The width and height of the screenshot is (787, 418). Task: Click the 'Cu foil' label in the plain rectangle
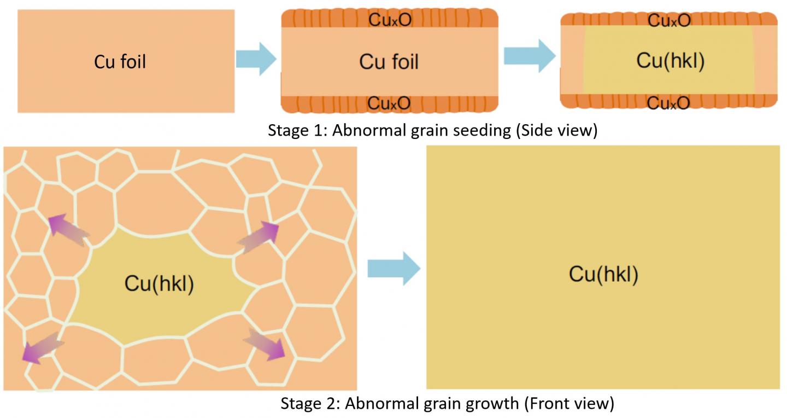pos(120,62)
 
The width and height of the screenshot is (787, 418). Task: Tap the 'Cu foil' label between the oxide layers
pos(389,61)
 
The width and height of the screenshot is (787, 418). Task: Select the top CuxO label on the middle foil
pos(390,21)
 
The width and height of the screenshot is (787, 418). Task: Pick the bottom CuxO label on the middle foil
pos(389,102)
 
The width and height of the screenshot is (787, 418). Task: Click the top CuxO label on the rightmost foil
pos(669,21)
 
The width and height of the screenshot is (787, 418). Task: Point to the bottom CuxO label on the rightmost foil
pos(669,102)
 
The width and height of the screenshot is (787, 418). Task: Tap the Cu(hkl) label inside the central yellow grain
pos(159,283)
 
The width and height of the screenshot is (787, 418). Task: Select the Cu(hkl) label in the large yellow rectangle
pos(603,274)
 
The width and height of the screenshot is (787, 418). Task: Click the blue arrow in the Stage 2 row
pos(393,268)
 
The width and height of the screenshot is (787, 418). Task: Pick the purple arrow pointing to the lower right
pos(265,344)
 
